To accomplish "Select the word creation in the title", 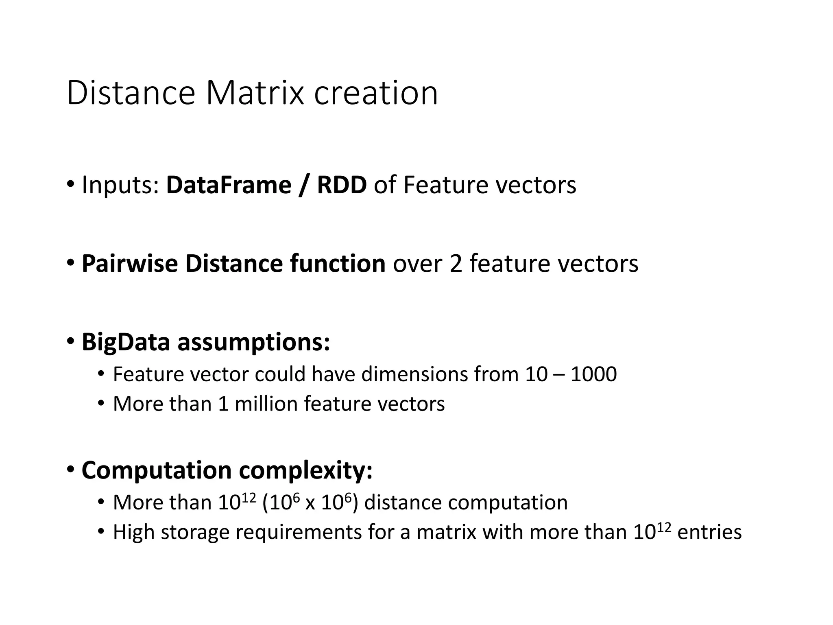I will [376, 93].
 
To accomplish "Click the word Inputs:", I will [120, 186].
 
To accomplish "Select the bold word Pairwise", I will [129, 263].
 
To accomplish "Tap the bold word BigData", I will [125, 342].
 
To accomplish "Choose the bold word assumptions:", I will [253, 342].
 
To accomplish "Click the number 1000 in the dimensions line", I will [593, 374].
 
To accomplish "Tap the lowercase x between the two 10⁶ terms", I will [310, 503].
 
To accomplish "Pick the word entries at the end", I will [710, 532].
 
